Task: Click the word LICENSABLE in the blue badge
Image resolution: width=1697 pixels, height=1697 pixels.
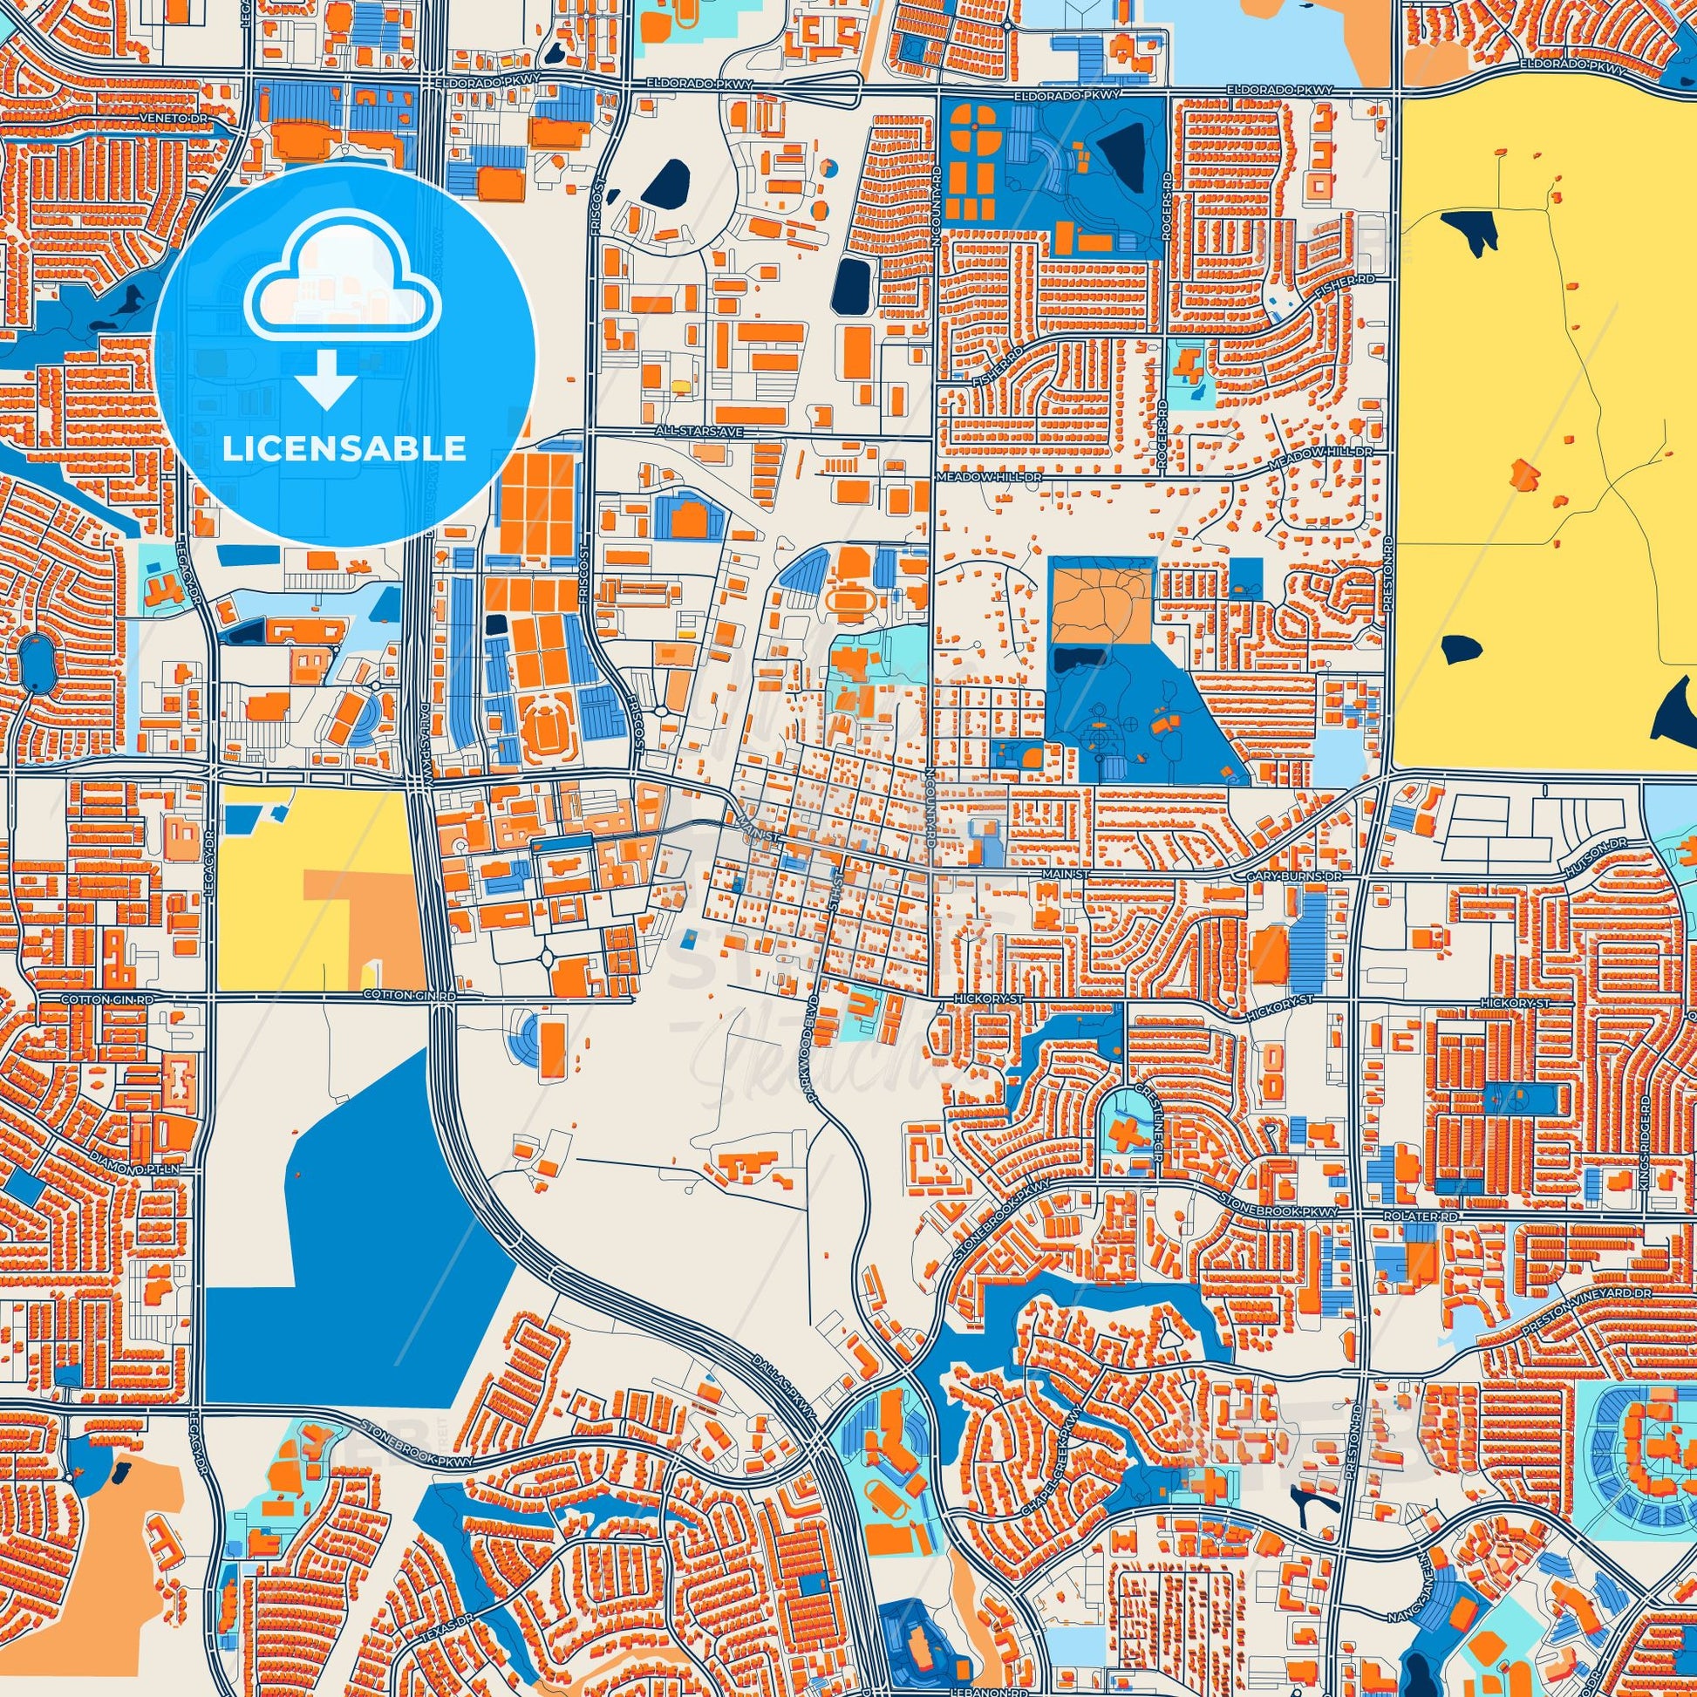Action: click(344, 449)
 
